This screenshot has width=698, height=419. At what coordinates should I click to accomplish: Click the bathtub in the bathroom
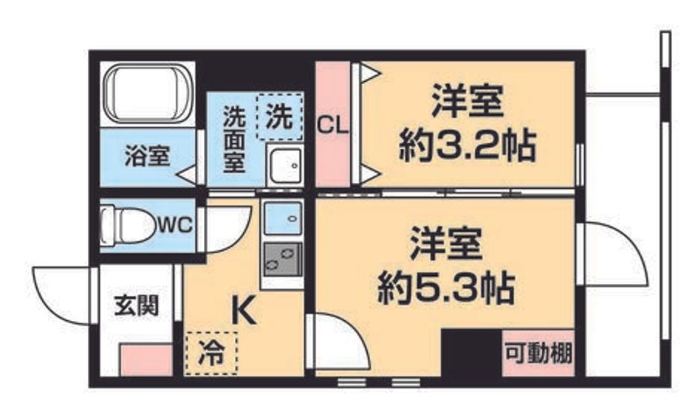coord(148,94)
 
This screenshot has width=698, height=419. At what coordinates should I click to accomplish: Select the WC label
coord(176,225)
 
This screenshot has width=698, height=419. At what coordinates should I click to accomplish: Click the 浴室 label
coord(147,156)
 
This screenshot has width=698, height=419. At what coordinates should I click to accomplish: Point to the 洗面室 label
coord(234,139)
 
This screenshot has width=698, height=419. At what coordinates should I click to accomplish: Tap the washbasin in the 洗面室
coord(285,165)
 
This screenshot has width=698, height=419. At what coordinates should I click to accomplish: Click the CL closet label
coord(332,126)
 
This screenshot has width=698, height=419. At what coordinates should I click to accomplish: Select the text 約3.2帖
coord(467,146)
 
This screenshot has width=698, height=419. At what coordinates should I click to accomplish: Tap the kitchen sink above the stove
coord(283,218)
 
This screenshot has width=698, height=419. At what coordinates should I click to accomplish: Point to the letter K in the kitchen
coord(244,311)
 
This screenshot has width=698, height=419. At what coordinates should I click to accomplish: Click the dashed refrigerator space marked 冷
coord(211,353)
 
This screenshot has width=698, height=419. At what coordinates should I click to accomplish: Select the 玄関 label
coord(136,305)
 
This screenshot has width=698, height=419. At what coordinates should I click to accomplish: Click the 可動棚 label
coord(538,353)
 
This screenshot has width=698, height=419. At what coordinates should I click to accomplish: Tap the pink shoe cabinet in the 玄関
coord(146,360)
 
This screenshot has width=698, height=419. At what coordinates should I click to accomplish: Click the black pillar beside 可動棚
coord(471,353)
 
